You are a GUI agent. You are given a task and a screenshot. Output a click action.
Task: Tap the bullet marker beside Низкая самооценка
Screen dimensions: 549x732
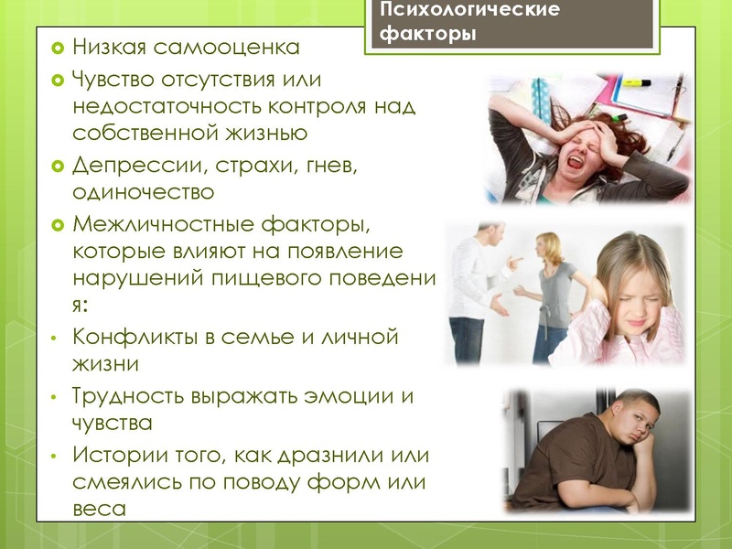[57, 46]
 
